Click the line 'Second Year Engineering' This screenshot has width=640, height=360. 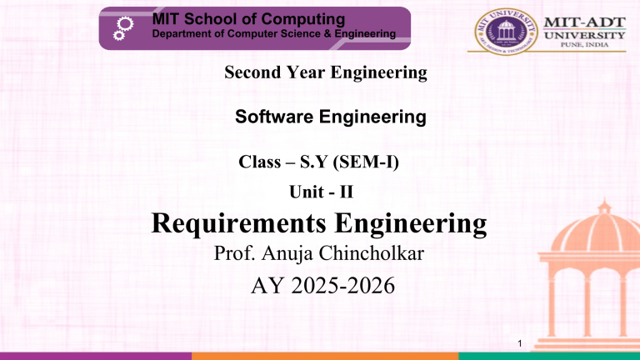point(326,74)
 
